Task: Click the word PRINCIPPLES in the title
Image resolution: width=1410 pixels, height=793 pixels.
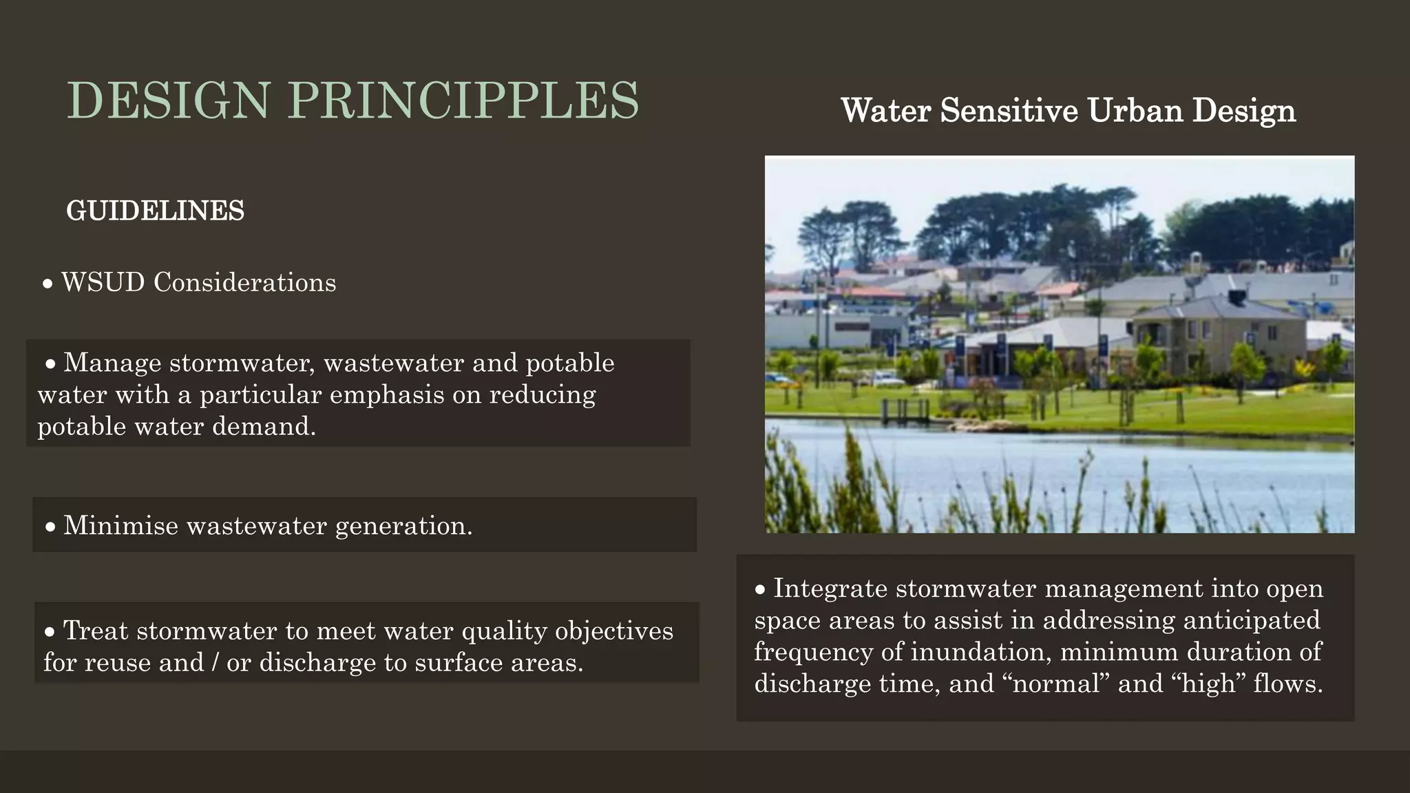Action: point(463,101)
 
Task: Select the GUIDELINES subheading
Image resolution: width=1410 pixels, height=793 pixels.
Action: point(155,211)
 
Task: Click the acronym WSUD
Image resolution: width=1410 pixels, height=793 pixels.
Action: point(103,283)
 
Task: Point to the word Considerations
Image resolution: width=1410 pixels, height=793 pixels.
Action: point(244,283)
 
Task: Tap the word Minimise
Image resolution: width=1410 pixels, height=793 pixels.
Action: point(120,526)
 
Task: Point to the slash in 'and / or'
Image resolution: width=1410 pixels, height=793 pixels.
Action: point(215,663)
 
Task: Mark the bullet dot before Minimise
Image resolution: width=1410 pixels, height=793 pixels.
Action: point(50,527)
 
